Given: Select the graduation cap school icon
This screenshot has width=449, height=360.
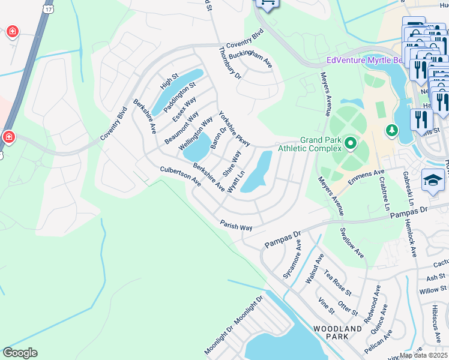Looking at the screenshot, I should [433, 181].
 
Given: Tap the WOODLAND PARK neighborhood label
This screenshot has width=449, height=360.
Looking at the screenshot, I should [337, 332].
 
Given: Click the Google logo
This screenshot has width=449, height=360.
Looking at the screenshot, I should [20, 353].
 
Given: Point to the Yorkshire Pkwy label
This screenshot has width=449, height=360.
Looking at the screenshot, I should [234, 128].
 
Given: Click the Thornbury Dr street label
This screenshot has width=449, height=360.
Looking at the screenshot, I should [229, 63].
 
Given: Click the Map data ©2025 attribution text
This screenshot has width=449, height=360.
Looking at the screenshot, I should [423, 355].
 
